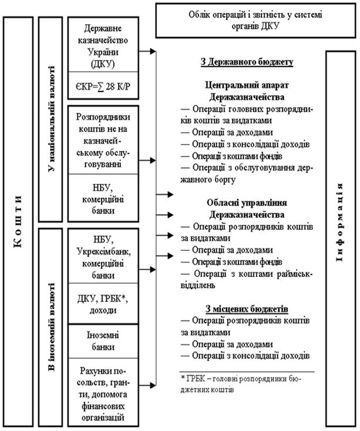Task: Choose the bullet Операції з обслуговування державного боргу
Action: coord(247,173)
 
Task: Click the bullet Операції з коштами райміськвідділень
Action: coord(247,280)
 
